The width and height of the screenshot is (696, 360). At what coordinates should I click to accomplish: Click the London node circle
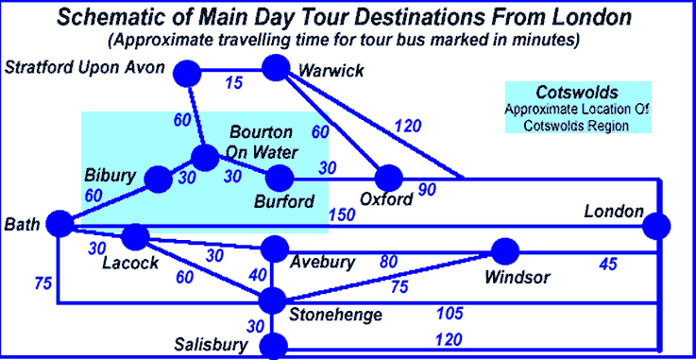[x=656, y=227]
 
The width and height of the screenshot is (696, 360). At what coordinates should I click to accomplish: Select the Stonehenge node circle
[x=273, y=300]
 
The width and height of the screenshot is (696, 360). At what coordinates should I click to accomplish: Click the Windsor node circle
[x=506, y=251]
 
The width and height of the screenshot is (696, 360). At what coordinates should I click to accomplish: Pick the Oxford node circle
[x=388, y=178]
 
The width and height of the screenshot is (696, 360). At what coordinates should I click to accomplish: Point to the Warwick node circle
[x=276, y=68]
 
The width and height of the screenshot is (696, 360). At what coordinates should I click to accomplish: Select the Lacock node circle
[x=136, y=236]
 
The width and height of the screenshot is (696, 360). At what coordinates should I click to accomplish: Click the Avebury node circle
[x=274, y=249]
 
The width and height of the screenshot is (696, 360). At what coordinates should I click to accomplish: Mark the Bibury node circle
[x=158, y=178]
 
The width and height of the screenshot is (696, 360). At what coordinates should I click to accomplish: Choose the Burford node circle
[x=280, y=178]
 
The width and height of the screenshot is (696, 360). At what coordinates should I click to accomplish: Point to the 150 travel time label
[x=343, y=217]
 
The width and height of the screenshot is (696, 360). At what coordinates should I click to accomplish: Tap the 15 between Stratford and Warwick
[x=233, y=83]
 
